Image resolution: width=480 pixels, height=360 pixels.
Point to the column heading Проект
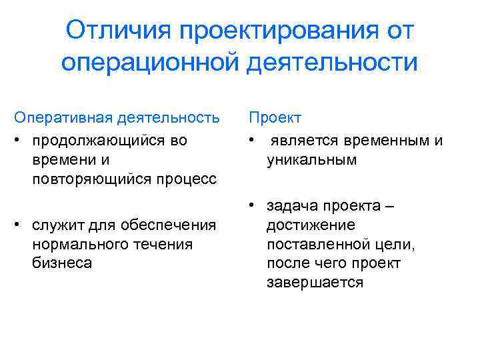click(x=275, y=118)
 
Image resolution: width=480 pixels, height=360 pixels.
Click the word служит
click(x=55, y=225)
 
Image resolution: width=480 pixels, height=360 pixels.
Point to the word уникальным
click(x=311, y=160)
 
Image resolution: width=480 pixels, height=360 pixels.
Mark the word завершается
click(x=315, y=283)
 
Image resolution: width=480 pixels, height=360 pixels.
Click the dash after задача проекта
click(x=390, y=206)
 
